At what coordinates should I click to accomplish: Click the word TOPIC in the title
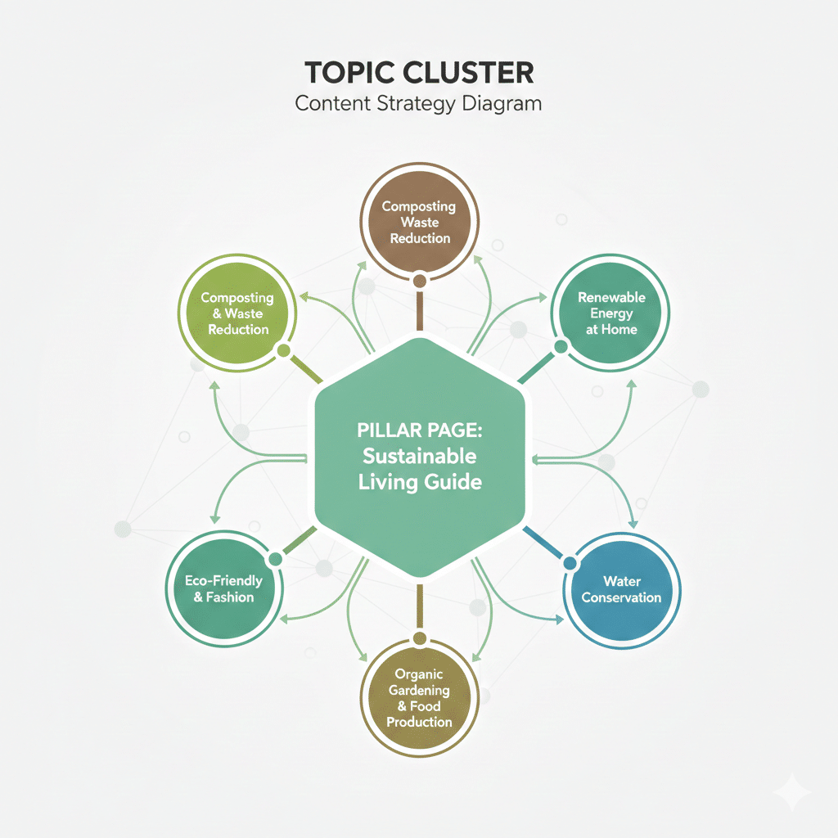[344, 73]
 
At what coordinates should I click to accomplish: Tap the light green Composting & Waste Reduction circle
[237, 313]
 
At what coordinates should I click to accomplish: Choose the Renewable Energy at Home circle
[610, 313]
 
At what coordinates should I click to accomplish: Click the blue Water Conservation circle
[621, 588]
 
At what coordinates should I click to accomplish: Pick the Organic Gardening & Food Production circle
[419, 697]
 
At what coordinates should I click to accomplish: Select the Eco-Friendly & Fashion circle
[223, 588]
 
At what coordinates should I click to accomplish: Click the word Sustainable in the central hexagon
[419, 457]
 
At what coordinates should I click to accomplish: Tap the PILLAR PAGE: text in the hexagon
[419, 430]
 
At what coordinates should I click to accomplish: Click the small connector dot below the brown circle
[419, 281]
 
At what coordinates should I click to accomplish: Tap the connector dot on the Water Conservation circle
[569, 562]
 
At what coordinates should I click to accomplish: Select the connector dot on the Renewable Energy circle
[561, 347]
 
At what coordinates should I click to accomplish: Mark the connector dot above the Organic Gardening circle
[419, 638]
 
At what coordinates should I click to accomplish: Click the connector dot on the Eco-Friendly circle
[275, 559]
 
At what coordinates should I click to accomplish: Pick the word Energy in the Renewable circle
[610, 313]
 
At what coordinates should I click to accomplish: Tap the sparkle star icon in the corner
[792, 792]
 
